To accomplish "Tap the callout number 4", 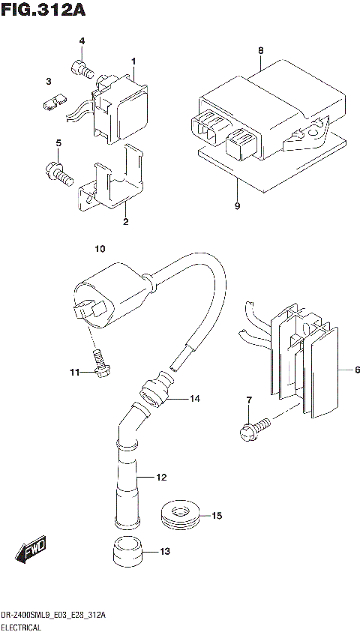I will point(82,40).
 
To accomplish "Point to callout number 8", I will point(261,50).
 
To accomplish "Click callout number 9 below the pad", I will point(237,206).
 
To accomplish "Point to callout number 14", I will point(195,399).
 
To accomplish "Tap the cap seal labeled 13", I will point(127,553).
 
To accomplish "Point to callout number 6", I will point(358,370).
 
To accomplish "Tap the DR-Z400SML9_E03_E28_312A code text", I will point(53,615).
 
